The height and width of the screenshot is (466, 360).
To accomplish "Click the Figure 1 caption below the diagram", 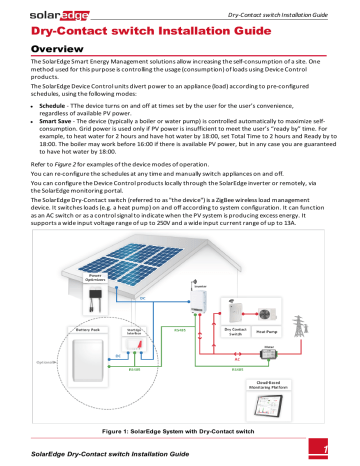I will click(x=179, y=430).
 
